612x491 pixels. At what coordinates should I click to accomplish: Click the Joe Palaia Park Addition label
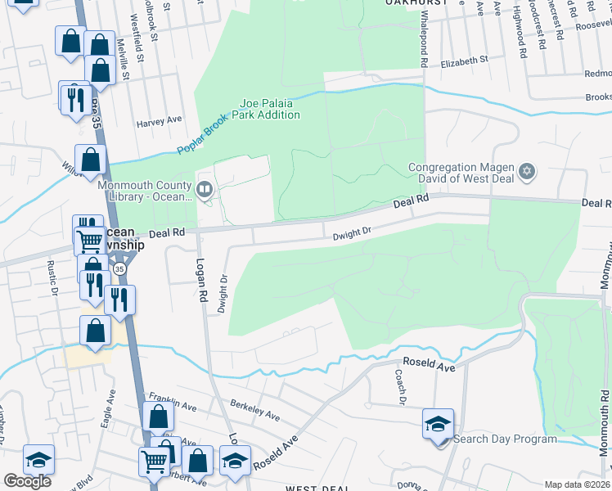tap(269, 109)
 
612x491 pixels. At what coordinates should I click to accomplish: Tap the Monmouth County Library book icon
tap(205, 190)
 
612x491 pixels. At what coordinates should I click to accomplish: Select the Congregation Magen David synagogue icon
tap(528, 172)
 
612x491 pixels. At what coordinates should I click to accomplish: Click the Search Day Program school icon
tap(438, 424)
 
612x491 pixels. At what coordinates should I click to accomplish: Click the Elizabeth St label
tap(463, 61)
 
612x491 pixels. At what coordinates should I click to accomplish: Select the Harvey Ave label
tap(159, 120)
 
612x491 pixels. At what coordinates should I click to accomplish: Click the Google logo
tap(27, 481)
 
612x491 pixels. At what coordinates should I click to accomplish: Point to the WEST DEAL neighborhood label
tap(318, 488)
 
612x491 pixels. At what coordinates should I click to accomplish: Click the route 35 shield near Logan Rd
tap(120, 268)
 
